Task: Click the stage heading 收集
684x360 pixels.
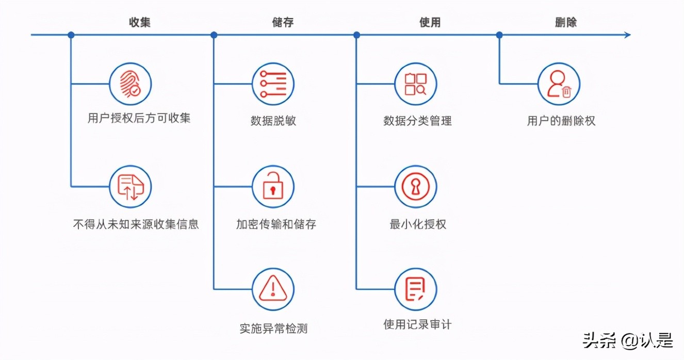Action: [x=139, y=22]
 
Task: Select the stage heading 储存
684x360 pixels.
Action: [x=283, y=22]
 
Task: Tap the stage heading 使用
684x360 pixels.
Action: [x=430, y=22]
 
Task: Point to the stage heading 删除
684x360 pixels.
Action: [x=565, y=22]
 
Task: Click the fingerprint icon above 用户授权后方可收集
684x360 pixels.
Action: [x=131, y=84]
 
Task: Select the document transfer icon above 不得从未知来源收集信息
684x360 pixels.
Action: [x=131, y=187]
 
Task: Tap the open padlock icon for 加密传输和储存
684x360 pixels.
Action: [x=273, y=187]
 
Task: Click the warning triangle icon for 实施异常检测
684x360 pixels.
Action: [x=273, y=289]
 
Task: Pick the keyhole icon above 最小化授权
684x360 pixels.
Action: [x=416, y=187]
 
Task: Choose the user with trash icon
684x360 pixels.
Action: [x=559, y=84]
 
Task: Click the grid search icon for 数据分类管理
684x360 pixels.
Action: [x=416, y=84]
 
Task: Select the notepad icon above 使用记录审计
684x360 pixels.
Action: [x=416, y=289]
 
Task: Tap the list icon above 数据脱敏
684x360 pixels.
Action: [x=273, y=84]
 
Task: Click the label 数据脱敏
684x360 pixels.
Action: [x=273, y=121]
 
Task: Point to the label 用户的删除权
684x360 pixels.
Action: [x=561, y=121]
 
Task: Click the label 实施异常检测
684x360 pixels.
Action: [x=273, y=328]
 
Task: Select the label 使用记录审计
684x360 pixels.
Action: [x=417, y=324]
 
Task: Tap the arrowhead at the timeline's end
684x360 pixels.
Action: [x=627, y=35]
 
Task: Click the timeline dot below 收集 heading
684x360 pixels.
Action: [x=71, y=35]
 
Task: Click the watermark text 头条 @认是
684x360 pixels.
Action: [x=628, y=341]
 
